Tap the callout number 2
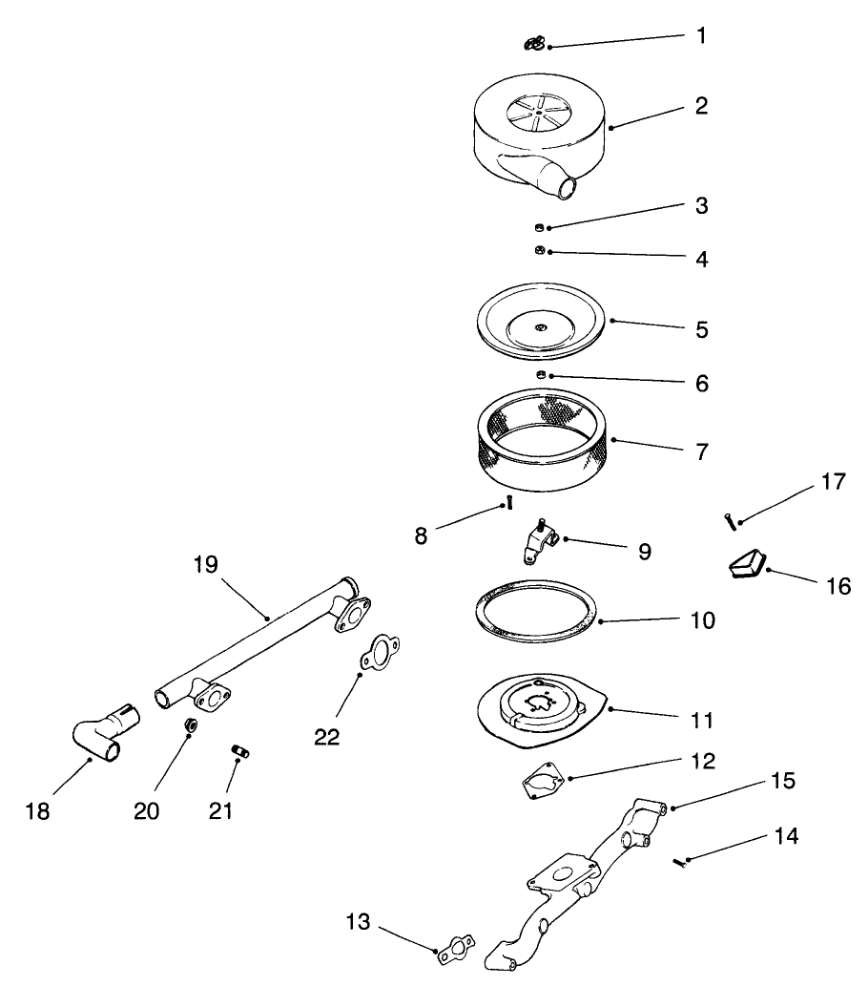click(x=701, y=106)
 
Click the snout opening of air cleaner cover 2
click(x=568, y=188)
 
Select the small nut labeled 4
click(x=538, y=250)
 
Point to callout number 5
click(x=701, y=329)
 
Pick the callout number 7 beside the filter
click(x=701, y=451)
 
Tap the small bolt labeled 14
click(x=677, y=862)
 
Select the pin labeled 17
click(x=730, y=521)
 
